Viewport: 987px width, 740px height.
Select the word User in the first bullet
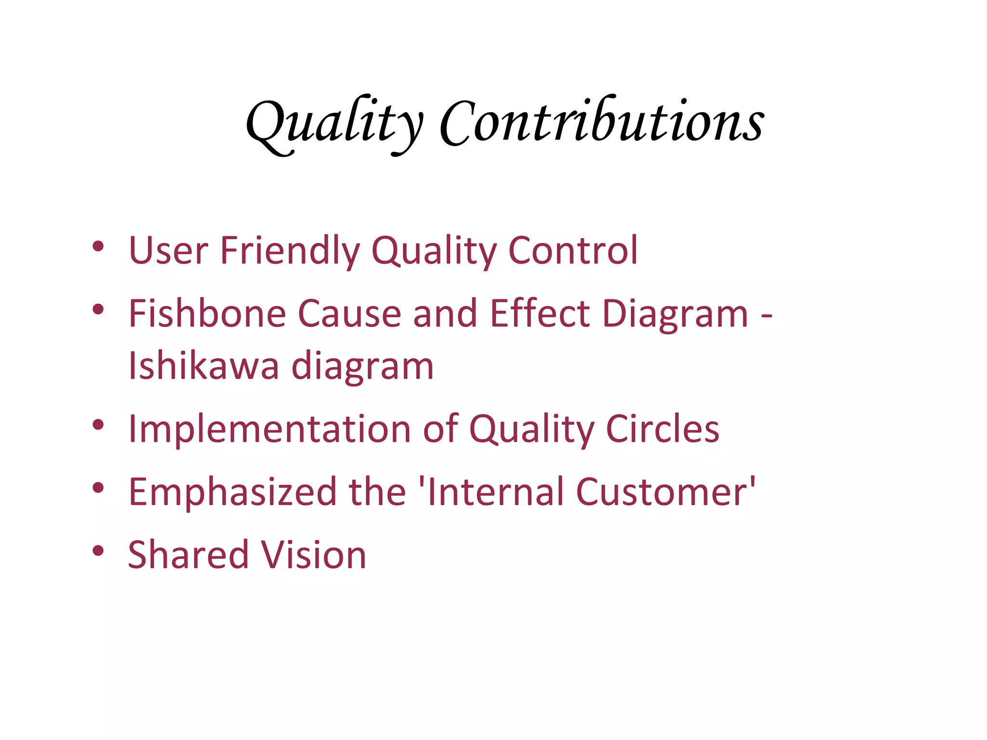pyautogui.click(x=169, y=251)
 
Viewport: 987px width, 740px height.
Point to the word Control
pyautogui.click(x=573, y=251)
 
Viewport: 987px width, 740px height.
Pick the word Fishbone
pyautogui.click(x=207, y=313)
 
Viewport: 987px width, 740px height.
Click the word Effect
pyautogui.click(x=540, y=313)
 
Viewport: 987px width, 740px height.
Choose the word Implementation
pyautogui.click(x=269, y=429)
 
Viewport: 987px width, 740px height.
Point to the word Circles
pyautogui.click(x=662, y=429)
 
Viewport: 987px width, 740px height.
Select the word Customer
pyautogui.click(x=660, y=492)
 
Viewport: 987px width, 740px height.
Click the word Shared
pyautogui.click(x=187, y=555)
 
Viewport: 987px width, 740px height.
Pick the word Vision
pyautogui.click(x=313, y=555)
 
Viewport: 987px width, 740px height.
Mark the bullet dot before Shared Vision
pyautogui.click(x=98, y=551)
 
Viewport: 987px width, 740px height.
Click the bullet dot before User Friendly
pyautogui.click(x=98, y=246)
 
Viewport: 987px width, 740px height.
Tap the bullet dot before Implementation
pyautogui.click(x=98, y=425)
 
